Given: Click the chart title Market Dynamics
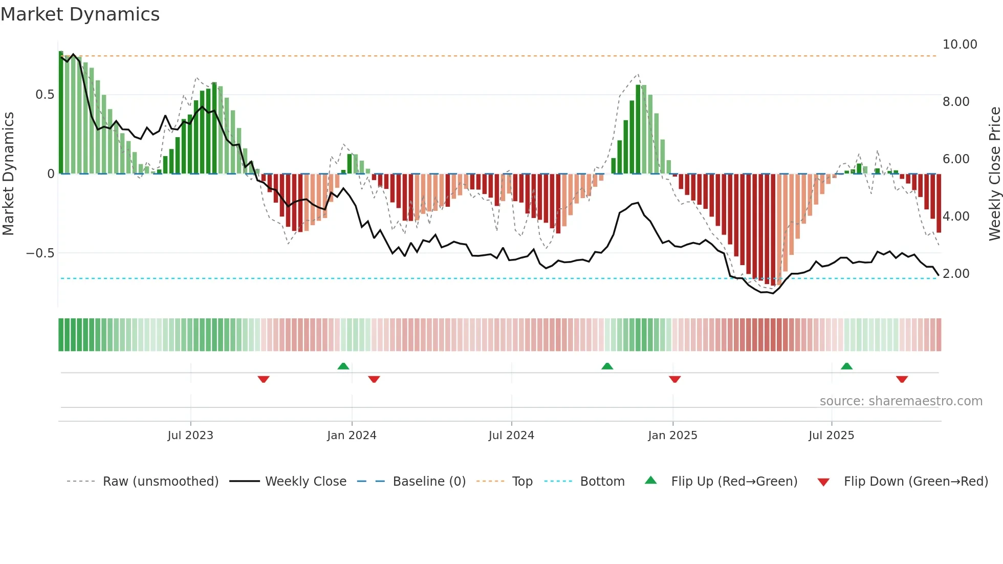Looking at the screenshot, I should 80,14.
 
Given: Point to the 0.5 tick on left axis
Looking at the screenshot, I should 45,95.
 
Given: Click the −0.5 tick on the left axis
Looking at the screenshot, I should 40,253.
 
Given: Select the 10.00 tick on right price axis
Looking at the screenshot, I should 960,45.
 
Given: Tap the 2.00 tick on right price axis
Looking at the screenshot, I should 956,274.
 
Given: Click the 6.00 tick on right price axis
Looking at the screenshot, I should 956,159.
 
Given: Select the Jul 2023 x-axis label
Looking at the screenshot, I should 190,436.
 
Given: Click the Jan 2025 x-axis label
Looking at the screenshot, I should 672,436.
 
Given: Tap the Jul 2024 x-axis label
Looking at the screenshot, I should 511,436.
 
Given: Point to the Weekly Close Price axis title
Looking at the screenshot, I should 994,174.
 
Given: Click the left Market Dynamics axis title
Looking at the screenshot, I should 8,174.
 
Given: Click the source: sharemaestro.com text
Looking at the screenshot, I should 901,401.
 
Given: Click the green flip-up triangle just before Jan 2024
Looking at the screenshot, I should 343,366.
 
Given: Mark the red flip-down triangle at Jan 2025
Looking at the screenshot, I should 674,379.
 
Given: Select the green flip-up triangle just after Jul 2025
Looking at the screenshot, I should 846,366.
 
